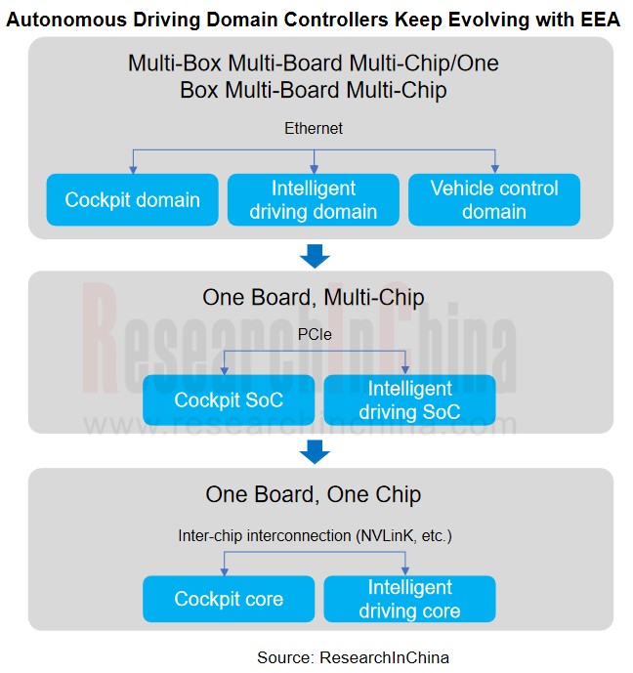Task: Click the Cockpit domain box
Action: click(x=132, y=199)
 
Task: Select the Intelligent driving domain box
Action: click(x=314, y=199)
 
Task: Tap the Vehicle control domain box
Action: click(x=494, y=199)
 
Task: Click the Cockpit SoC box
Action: click(x=229, y=400)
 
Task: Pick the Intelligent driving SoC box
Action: click(x=410, y=400)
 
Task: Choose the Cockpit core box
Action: click(x=229, y=599)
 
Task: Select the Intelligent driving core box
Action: click(x=410, y=599)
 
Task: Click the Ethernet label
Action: click(x=314, y=128)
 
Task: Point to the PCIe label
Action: click(x=315, y=334)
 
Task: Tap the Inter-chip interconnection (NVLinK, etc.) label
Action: click(x=315, y=535)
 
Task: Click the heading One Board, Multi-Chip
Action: click(x=314, y=298)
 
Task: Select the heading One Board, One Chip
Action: click(x=314, y=494)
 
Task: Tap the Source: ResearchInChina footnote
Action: click(x=354, y=657)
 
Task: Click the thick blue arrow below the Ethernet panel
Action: click(x=315, y=256)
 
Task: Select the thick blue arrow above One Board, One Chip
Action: click(x=315, y=451)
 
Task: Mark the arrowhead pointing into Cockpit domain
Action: click(x=133, y=170)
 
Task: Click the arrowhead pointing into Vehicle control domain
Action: click(x=495, y=170)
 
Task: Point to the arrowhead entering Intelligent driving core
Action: click(x=405, y=571)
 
